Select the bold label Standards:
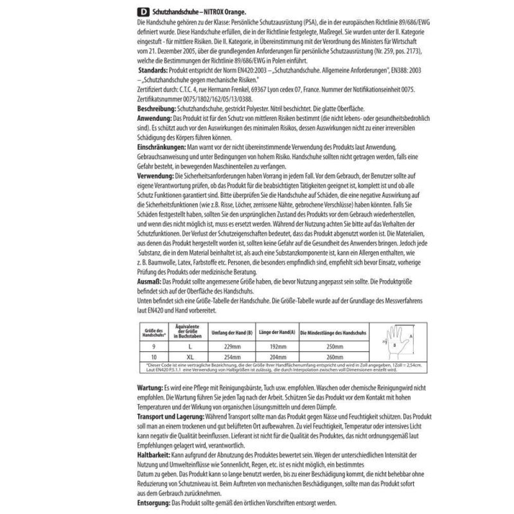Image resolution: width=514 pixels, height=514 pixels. point(154,67)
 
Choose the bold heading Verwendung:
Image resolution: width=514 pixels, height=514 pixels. point(156,175)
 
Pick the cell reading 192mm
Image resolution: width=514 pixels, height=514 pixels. point(276,345)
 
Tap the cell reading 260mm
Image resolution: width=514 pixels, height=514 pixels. point(331,356)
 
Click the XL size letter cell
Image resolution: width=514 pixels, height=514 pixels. point(188,356)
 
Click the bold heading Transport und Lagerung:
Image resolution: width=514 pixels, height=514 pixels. point(170,417)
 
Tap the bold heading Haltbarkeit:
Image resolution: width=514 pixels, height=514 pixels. point(155,454)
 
